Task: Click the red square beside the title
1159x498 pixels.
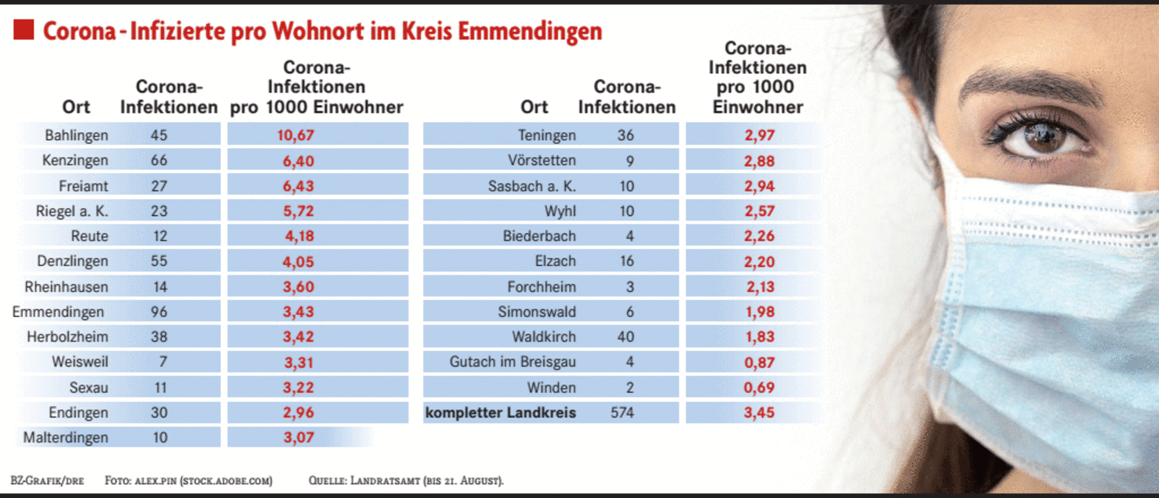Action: (x=24, y=30)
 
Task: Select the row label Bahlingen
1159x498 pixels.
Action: (x=76, y=135)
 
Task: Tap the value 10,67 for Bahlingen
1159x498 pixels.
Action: (x=295, y=135)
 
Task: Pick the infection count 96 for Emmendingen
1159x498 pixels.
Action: (x=159, y=312)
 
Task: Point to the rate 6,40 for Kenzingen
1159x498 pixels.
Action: (x=298, y=161)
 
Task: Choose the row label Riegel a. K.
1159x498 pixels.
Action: (x=72, y=211)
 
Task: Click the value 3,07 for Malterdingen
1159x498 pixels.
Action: (x=298, y=438)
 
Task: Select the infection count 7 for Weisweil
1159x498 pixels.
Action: (x=163, y=362)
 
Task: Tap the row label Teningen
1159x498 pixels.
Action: (x=546, y=135)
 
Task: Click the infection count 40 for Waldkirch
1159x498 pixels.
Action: (x=625, y=337)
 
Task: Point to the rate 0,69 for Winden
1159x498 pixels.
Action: (x=759, y=387)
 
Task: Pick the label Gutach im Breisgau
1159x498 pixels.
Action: (x=512, y=362)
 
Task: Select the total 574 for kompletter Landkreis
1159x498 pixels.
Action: (x=622, y=413)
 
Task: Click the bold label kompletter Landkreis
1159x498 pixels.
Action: (x=500, y=413)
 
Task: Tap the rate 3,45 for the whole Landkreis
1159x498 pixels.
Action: (x=759, y=413)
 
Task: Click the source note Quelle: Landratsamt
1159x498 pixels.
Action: (x=406, y=481)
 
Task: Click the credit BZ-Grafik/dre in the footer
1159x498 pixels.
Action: (x=47, y=481)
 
